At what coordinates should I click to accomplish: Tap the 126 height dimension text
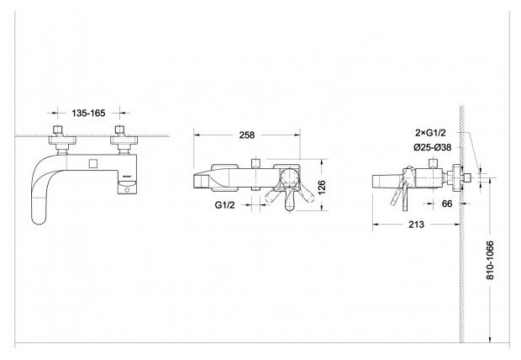334,186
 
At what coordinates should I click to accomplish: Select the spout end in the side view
377,179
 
